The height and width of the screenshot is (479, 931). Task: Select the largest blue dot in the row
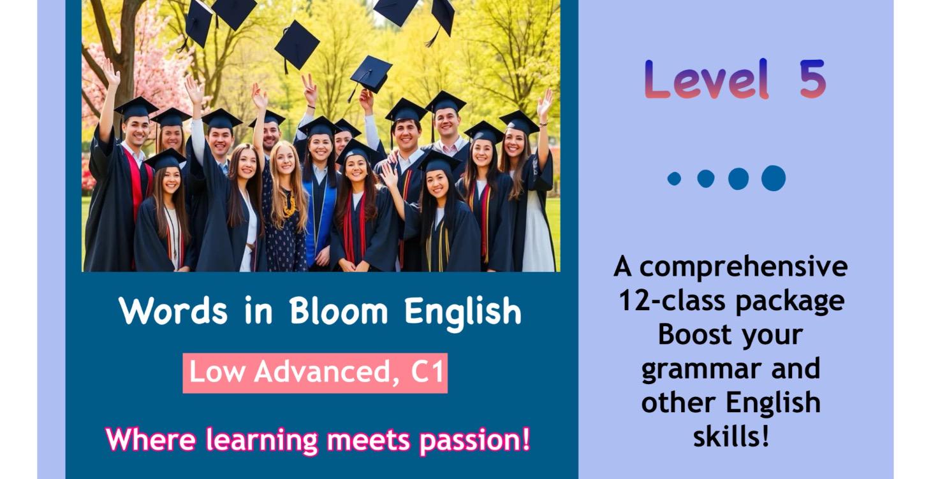773,178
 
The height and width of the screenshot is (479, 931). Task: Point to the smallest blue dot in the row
674,178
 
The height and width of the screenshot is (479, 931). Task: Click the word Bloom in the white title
338,311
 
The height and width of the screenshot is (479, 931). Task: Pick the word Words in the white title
173,311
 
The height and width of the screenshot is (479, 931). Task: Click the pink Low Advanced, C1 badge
315,373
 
